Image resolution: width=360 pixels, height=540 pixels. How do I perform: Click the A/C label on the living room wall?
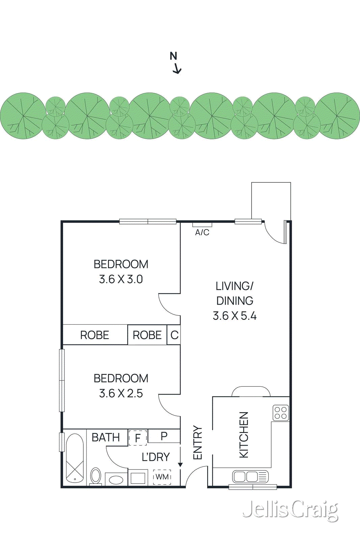[202, 232]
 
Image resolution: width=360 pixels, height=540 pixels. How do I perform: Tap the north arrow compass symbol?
[175, 63]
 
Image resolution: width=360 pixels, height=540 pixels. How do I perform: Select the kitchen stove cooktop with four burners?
[281, 412]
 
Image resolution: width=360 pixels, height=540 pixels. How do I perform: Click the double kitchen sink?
[250, 477]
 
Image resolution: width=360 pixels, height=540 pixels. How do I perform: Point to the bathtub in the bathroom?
[75, 458]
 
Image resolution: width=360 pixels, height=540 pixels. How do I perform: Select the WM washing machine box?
[162, 477]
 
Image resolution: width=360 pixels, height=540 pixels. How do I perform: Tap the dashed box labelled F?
[138, 438]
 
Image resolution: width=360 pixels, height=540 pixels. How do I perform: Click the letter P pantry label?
[164, 436]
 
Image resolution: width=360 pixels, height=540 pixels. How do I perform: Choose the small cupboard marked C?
[174, 335]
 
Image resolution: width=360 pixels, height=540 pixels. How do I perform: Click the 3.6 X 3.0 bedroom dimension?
[121, 279]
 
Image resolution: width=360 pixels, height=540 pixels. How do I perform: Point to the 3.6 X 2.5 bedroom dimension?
[121, 393]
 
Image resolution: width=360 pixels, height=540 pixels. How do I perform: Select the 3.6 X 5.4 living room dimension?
[234, 316]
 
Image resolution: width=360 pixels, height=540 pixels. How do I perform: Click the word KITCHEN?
[244, 435]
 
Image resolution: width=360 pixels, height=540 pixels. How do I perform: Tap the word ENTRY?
[197, 442]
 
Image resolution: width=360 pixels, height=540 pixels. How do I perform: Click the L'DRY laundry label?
[155, 457]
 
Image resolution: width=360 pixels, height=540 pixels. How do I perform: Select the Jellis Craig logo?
[290, 510]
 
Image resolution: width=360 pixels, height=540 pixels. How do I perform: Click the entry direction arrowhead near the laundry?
[180, 465]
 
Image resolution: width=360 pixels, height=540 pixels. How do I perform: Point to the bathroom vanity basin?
[116, 479]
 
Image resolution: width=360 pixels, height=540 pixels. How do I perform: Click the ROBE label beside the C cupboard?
[147, 335]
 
